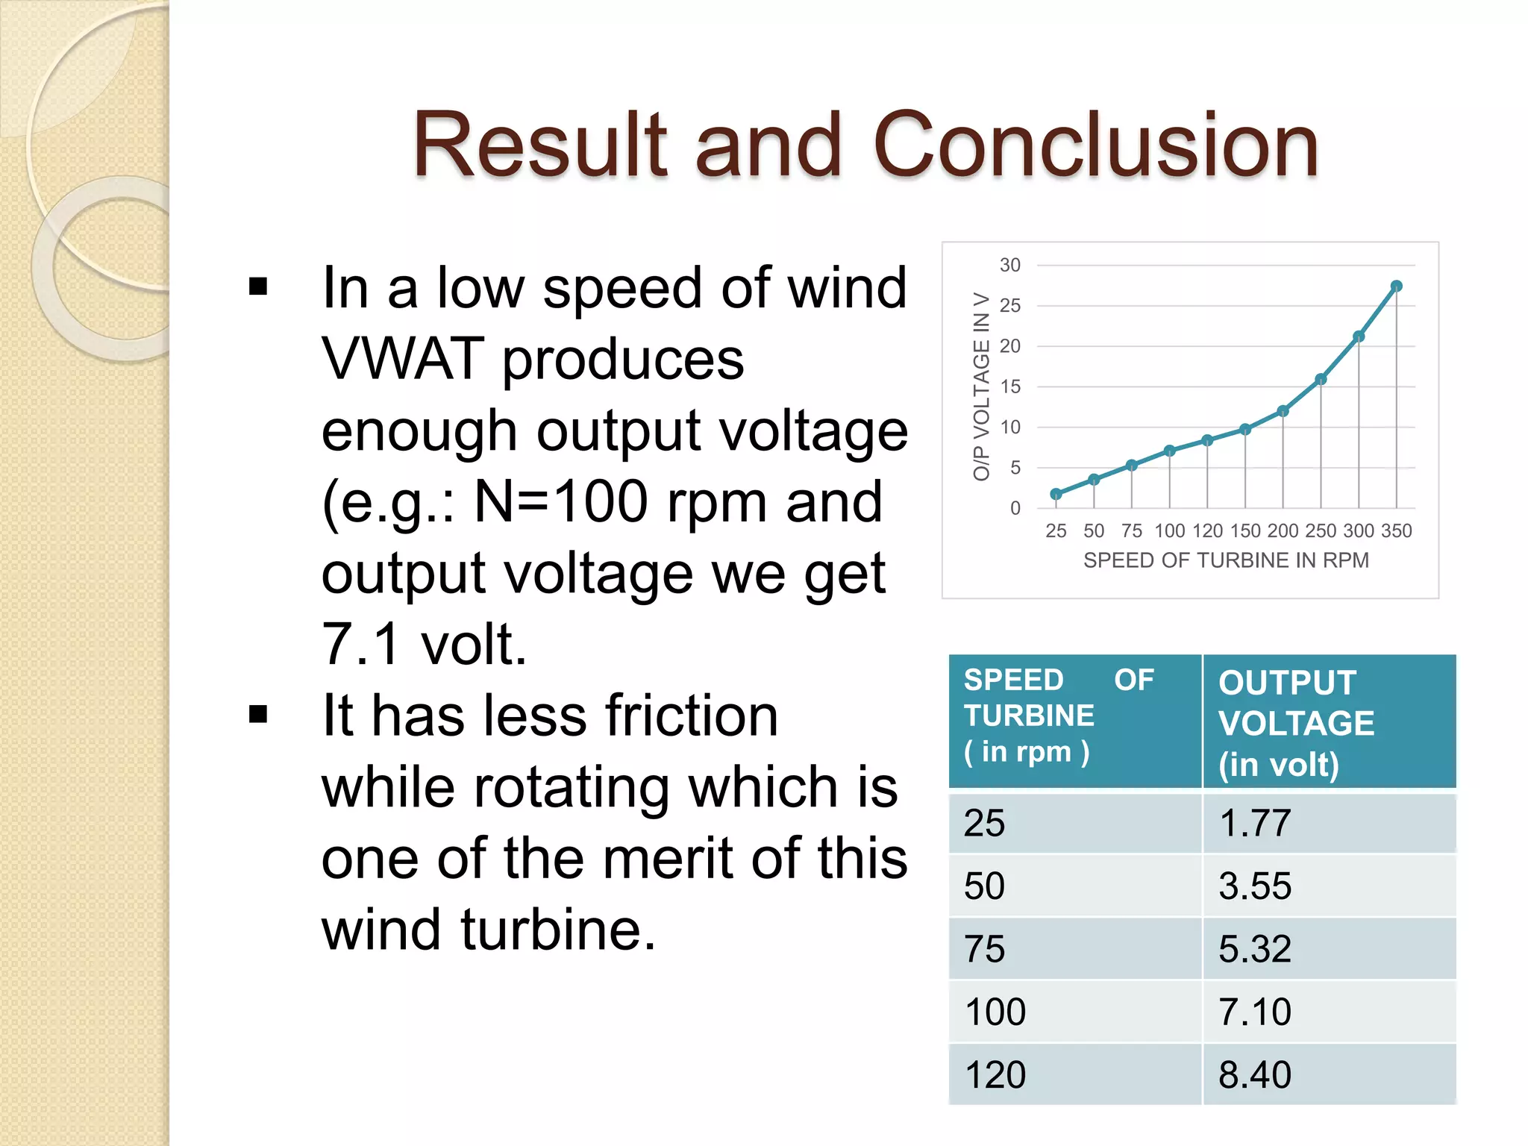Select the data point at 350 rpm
pyautogui.click(x=1397, y=286)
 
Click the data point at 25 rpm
pyautogui.click(x=1056, y=494)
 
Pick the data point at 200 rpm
pyautogui.click(x=1283, y=411)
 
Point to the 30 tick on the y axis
pyautogui.click(x=1010, y=266)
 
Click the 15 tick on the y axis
pyautogui.click(x=1010, y=386)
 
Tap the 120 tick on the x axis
pyautogui.click(x=1207, y=530)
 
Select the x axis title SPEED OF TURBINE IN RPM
pyautogui.click(x=1226, y=560)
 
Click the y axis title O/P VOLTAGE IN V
pyautogui.click(x=981, y=386)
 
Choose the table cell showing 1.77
pyautogui.click(x=1254, y=824)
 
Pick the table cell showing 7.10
pyautogui.click(x=1254, y=1012)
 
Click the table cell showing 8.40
pyautogui.click(x=1254, y=1075)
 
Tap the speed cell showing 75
pyautogui.click(x=984, y=950)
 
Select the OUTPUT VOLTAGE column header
pyautogui.click(x=1296, y=723)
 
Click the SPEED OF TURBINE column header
pyautogui.click(x=1059, y=716)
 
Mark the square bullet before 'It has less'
pyautogui.click(x=258, y=715)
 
